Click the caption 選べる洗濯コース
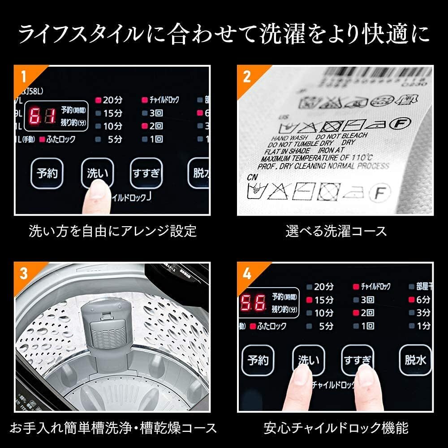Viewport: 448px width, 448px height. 336,231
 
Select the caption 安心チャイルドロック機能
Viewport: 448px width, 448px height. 336,427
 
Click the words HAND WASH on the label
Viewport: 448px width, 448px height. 287,138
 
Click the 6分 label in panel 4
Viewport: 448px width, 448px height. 423,299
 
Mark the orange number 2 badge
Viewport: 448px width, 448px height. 247,76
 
